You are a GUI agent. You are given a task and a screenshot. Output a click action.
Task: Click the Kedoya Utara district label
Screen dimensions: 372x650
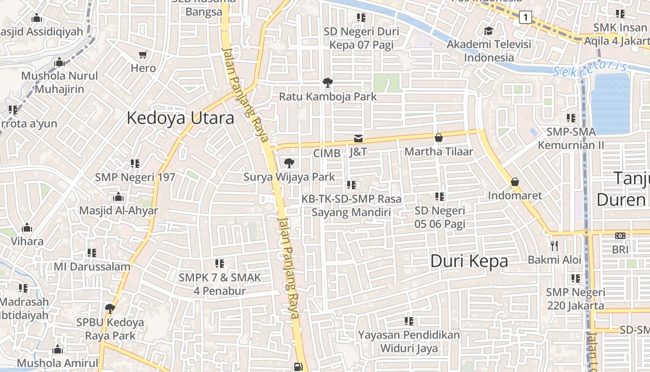(180, 118)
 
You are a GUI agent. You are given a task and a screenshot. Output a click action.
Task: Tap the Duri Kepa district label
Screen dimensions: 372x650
(469, 261)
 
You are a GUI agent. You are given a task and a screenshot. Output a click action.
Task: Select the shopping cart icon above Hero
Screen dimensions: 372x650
(143, 55)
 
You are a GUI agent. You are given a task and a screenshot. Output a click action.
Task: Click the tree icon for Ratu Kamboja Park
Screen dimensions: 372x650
(328, 83)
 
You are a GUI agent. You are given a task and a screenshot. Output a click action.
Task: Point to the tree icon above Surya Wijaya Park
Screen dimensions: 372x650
(289, 163)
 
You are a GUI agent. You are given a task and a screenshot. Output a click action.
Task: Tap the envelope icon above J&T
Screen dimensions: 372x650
(358, 138)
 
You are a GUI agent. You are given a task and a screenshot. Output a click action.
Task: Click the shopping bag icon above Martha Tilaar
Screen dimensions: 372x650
(439, 138)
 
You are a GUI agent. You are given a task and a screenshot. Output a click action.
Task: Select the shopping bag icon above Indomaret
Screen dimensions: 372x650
(514, 182)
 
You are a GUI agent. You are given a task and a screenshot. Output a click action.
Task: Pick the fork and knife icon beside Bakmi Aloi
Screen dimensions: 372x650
(554, 246)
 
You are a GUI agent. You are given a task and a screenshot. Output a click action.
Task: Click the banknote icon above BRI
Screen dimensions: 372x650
(620, 236)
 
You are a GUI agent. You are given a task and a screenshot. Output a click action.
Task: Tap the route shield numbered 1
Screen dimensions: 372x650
(526, 18)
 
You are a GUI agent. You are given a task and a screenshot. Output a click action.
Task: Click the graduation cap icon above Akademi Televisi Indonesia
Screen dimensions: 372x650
(488, 31)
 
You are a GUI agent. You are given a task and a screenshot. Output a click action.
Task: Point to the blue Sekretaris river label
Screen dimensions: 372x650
(590, 69)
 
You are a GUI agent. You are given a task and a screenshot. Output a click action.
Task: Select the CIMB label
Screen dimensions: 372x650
(327, 153)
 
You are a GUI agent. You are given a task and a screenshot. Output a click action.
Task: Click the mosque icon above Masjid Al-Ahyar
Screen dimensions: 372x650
(118, 197)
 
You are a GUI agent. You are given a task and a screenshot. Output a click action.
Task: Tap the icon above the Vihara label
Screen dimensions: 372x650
(27, 228)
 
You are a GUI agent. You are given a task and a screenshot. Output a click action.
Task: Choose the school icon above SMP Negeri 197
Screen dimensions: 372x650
(135, 163)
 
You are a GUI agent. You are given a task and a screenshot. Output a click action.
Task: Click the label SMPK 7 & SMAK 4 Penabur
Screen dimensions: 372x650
(220, 284)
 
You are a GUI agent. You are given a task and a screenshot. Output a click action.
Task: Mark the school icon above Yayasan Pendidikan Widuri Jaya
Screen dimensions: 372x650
(409, 321)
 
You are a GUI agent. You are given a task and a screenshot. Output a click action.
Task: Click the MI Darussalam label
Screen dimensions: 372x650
(92, 266)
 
